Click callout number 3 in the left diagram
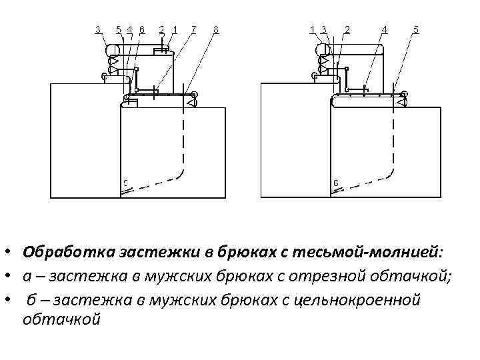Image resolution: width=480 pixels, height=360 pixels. [98, 29]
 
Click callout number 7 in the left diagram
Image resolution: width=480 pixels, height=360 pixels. [194, 29]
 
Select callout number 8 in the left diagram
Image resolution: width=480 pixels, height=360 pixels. [216, 29]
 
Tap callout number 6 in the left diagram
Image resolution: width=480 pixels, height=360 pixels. [142, 29]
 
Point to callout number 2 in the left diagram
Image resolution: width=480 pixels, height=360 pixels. [162, 29]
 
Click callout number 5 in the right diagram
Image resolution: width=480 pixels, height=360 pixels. [417, 29]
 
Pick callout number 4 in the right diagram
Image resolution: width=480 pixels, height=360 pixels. [385, 29]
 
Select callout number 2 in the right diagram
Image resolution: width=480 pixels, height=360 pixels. [347, 29]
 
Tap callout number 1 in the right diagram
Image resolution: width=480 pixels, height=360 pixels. [313, 29]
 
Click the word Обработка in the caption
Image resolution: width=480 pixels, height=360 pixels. [59, 253]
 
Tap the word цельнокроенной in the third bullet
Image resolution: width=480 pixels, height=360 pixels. [357, 300]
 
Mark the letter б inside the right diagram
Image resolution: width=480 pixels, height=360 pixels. [335, 183]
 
